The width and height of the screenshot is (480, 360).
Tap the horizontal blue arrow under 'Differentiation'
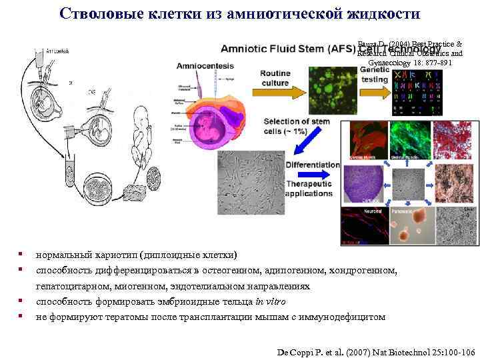tap(317, 175)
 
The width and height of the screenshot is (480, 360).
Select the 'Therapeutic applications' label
tap(308, 189)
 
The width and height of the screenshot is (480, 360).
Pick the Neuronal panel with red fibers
tap(363, 226)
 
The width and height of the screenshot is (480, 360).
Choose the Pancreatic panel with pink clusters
tap(410, 226)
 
